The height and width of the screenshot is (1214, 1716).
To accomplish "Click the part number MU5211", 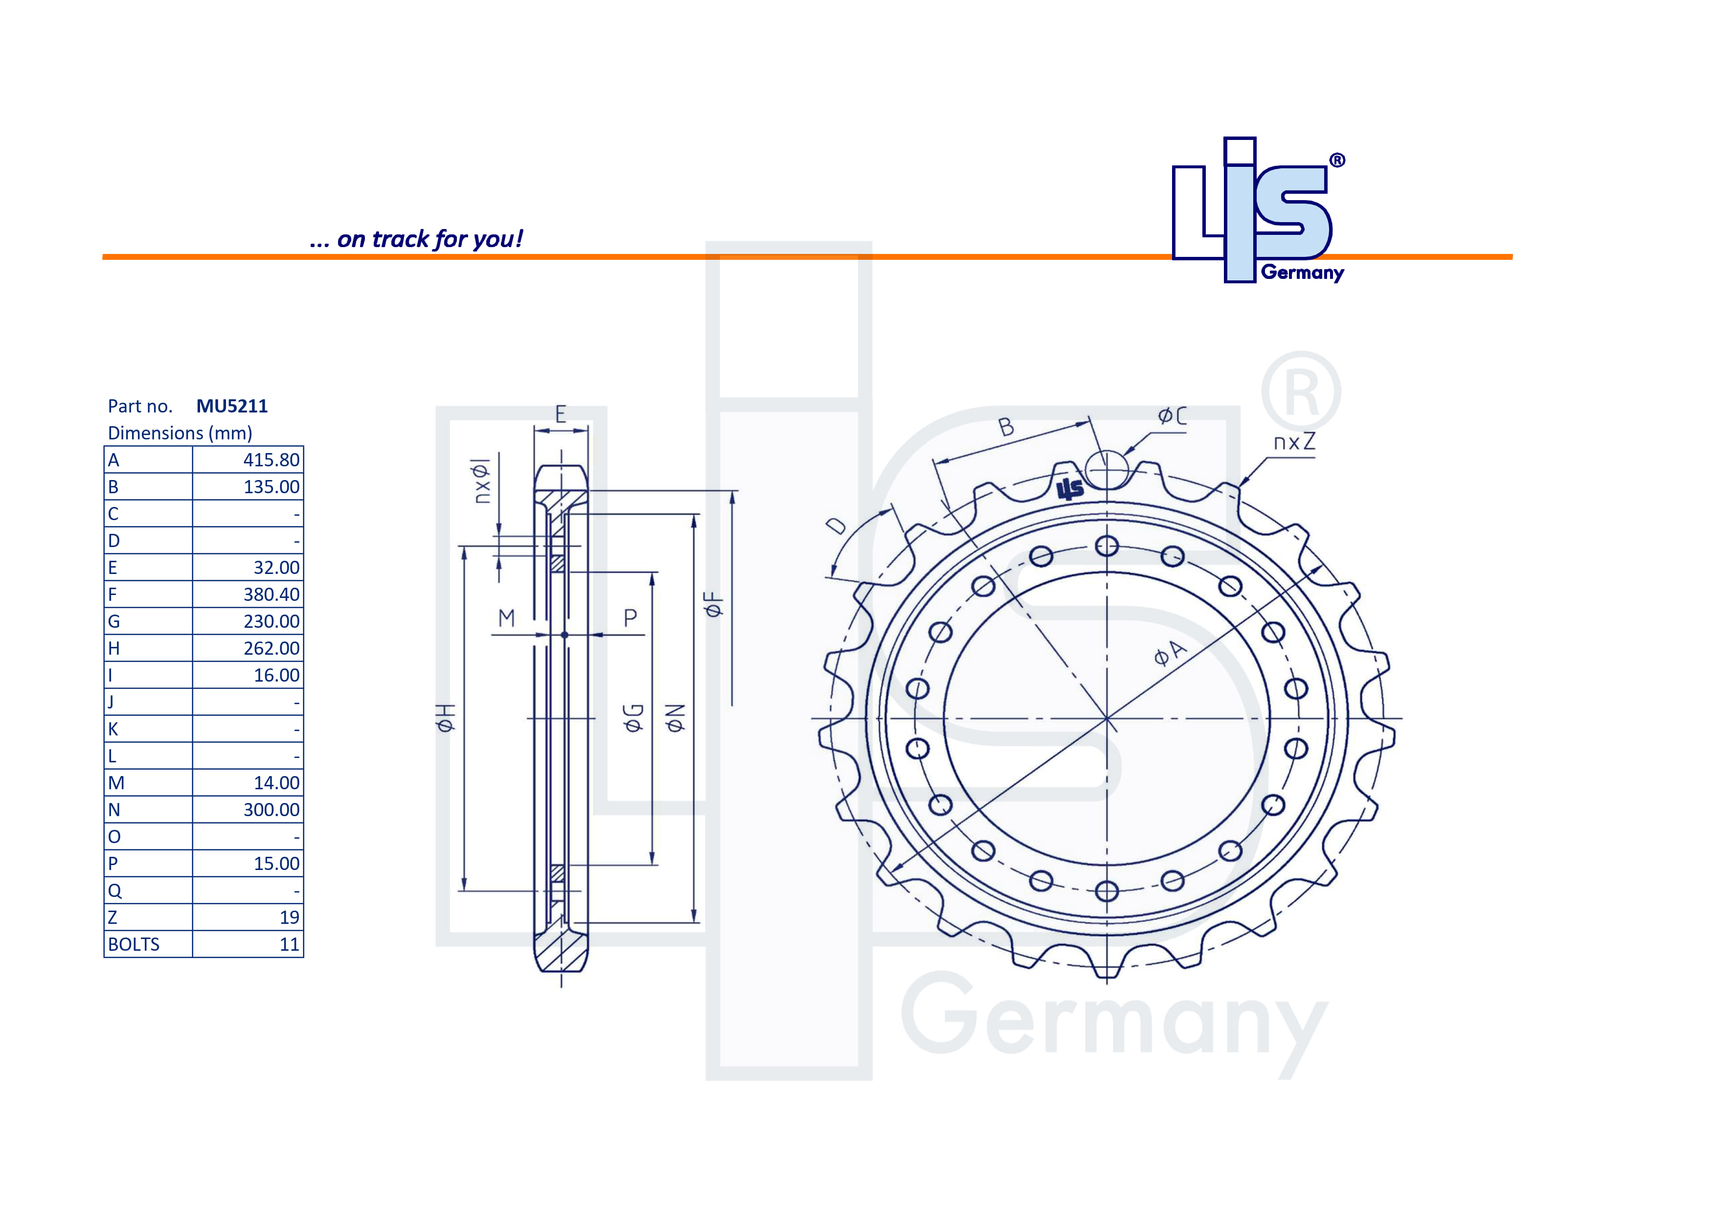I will tap(232, 406).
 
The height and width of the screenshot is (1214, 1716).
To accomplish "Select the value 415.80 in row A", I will tap(271, 460).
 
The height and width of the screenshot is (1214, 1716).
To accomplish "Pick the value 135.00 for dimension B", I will tap(271, 487).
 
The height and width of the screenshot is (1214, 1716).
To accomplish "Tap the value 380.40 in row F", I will tap(271, 595).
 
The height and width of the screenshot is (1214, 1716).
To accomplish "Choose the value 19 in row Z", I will tap(289, 917).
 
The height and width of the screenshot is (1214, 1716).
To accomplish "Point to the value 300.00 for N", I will tap(271, 810).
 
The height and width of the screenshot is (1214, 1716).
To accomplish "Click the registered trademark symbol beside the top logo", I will tap(1337, 160).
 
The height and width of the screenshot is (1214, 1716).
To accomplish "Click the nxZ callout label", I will tap(1294, 442).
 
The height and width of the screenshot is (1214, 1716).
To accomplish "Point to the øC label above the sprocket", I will tap(1171, 415).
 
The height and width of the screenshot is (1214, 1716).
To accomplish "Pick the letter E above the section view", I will tap(561, 413).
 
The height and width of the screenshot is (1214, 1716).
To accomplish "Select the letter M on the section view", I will tap(507, 618).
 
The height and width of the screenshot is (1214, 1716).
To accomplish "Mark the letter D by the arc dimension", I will tap(836, 526).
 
